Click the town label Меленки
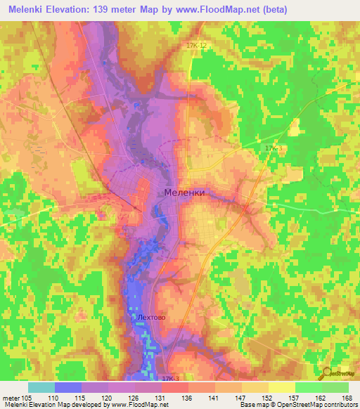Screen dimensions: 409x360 184,192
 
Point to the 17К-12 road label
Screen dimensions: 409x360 197,45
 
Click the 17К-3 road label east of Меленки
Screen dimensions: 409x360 274,148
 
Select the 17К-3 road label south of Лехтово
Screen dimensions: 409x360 171,379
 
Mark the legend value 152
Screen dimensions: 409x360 260,397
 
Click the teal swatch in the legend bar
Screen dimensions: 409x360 41,387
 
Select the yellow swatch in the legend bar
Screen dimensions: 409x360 281,387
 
